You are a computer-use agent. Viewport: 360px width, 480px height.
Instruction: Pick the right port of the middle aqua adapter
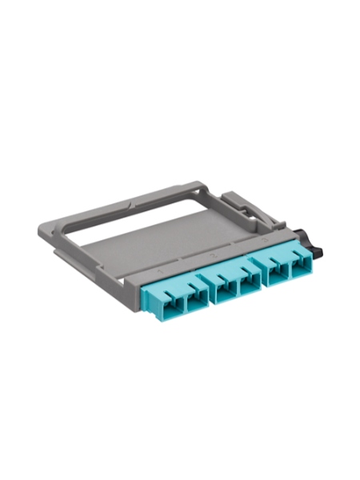point(247,279)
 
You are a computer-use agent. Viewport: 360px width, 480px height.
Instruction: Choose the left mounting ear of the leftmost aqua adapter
point(158,297)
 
